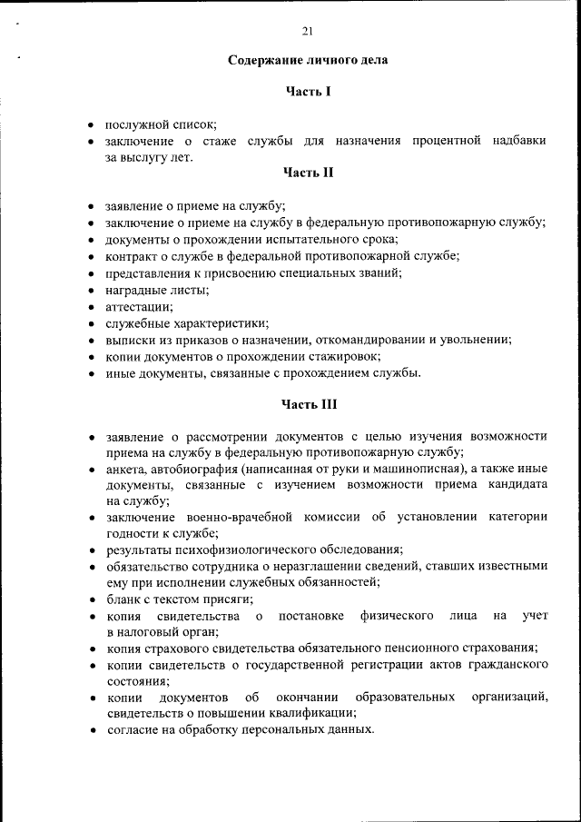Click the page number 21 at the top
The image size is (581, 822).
tap(307, 32)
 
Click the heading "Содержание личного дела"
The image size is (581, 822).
tap(307, 61)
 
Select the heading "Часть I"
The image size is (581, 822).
tap(307, 91)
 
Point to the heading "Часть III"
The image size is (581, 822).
tap(309, 403)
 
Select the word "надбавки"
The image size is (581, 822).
tap(520, 141)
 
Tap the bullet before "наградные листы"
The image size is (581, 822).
tap(91, 290)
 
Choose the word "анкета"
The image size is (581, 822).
tap(126, 469)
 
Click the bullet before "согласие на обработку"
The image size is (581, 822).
tap(91, 729)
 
